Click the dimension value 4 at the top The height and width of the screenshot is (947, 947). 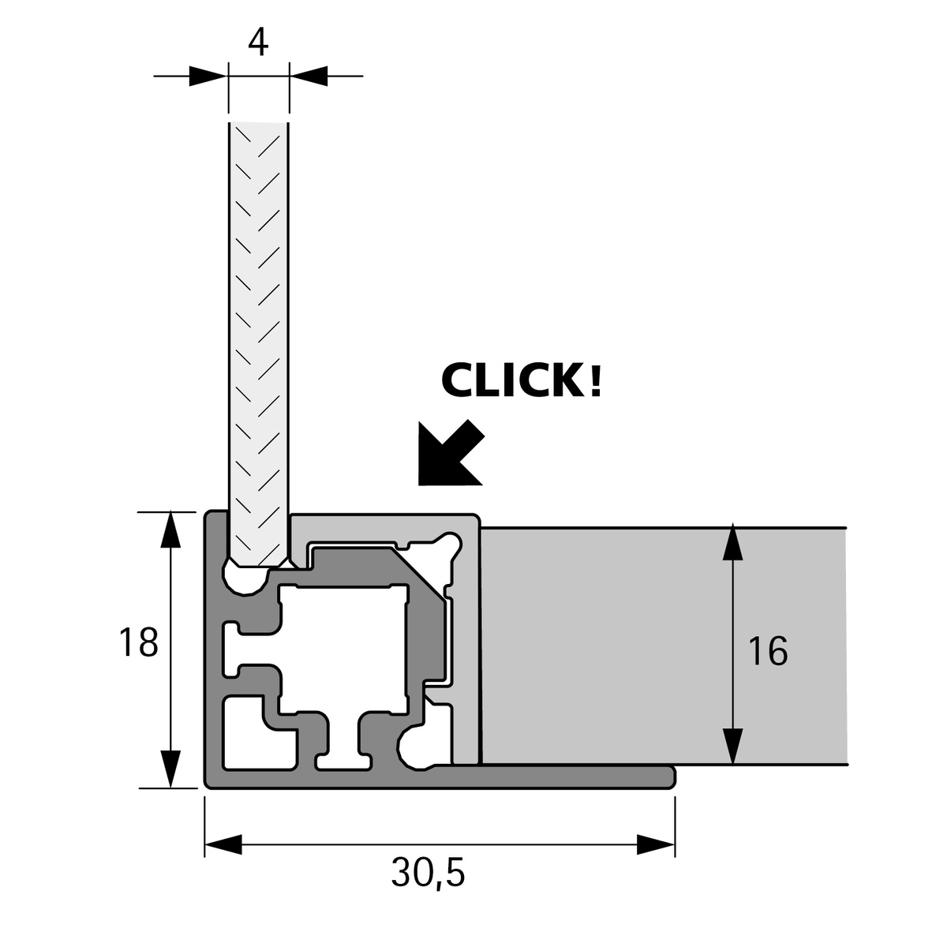point(258,42)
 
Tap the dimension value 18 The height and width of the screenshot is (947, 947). point(139,642)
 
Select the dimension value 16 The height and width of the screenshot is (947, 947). point(768,651)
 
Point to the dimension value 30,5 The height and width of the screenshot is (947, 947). point(428,873)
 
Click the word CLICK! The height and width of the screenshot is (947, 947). point(522,381)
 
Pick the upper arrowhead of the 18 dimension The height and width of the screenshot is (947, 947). point(169,529)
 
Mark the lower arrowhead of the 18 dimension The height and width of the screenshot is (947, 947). point(169,770)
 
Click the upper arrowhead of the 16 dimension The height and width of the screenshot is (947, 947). point(733,542)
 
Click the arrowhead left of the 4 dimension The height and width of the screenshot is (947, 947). point(208,76)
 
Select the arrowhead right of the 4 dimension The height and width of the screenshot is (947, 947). point(309,76)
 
